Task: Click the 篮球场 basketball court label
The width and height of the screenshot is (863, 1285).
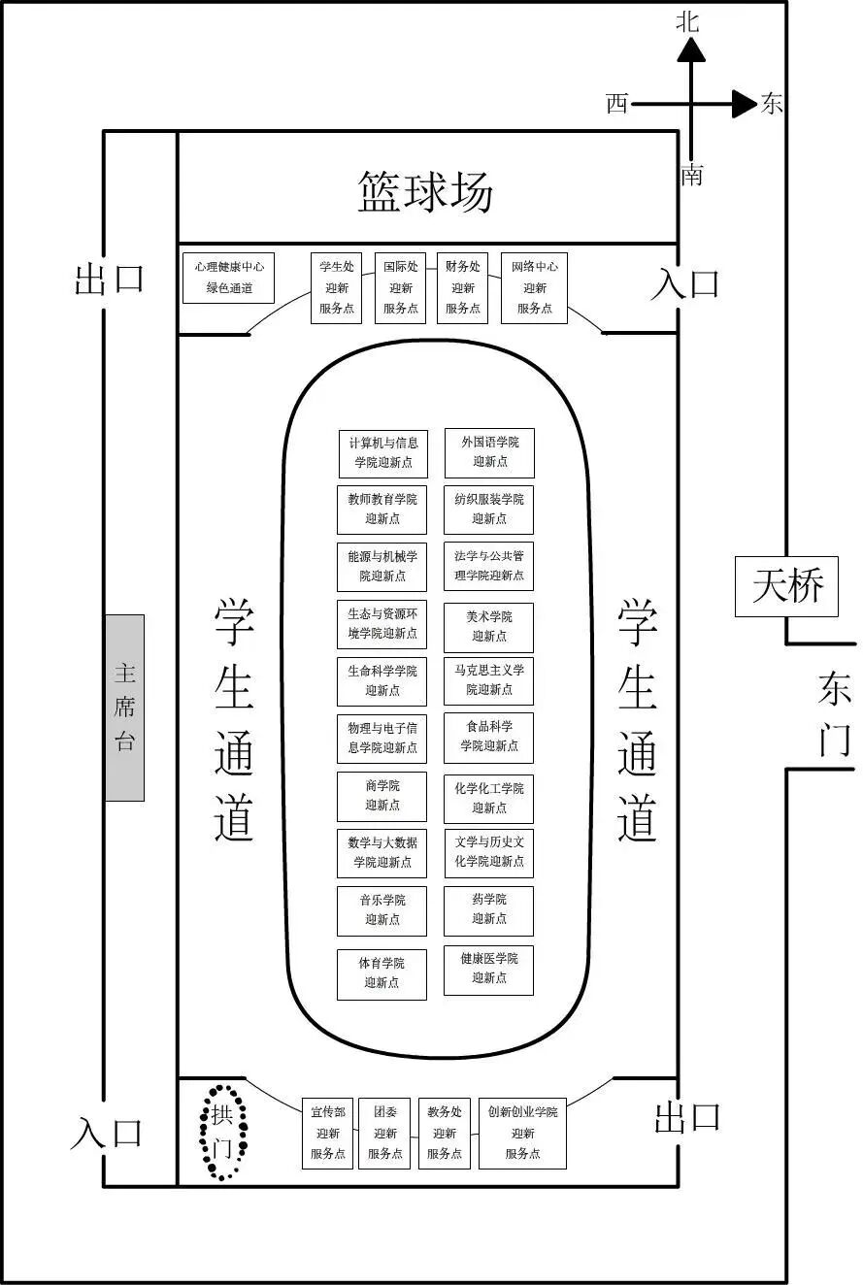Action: tap(425, 192)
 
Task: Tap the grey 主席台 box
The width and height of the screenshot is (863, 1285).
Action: tap(124, 708)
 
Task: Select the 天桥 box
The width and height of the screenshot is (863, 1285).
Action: tap(787, 586)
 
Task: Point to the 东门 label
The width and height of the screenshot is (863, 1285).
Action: tap(834, 714)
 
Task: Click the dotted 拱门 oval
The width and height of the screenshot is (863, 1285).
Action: tap(223, 1131)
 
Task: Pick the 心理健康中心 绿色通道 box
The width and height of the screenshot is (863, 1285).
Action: tap(229, 277)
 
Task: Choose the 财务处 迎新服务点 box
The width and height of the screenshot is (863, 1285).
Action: tap(462, 287)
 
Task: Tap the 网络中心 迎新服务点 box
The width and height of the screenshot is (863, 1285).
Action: tap(534, 287)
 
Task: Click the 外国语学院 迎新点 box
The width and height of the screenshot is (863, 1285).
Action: tap(489, 452)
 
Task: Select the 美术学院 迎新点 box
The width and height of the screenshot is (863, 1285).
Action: tap(488, 627)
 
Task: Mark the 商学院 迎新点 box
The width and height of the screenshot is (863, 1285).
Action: tap(382, 796)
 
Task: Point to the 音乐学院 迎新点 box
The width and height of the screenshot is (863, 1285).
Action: tap(382, 910)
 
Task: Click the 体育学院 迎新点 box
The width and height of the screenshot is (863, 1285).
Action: tap(382, 973)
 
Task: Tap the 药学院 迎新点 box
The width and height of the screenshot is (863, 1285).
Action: tap(488, 909)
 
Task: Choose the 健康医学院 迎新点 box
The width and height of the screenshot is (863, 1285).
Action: tap(488, 969)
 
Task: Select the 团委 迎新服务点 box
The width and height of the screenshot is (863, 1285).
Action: tap(384, 1134)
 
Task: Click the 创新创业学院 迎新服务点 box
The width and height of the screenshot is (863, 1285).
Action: tap(522, 1134)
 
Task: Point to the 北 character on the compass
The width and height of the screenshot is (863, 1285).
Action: tap(687, 22)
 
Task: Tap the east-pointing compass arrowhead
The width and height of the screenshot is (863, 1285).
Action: tap(745, 103)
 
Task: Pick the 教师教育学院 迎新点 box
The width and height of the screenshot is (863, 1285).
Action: tap(382, 510)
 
